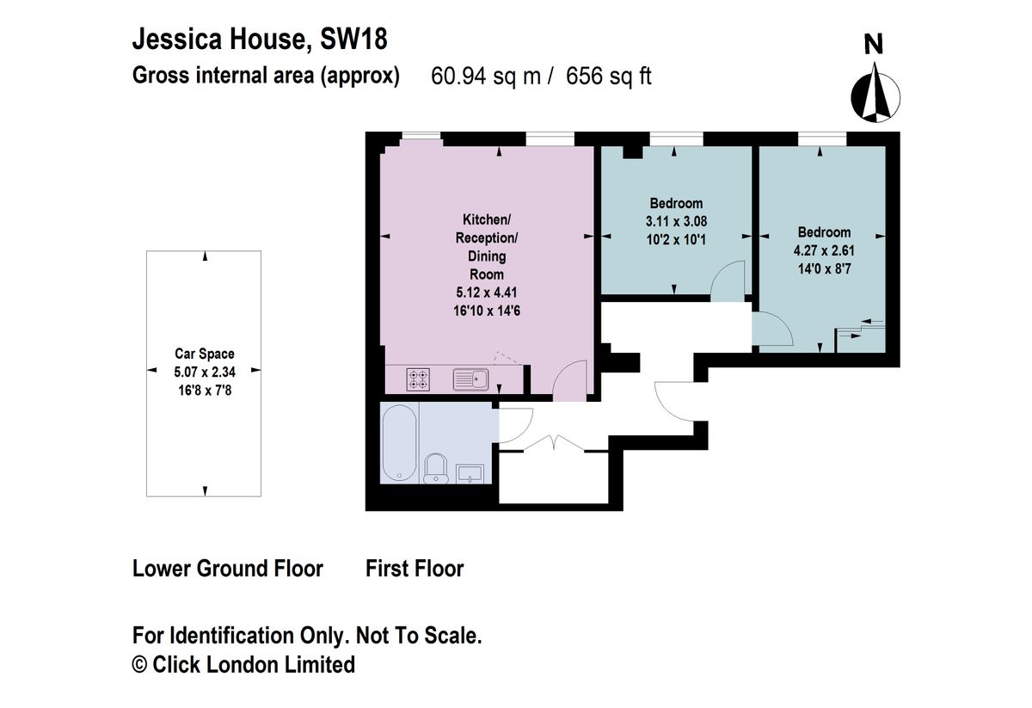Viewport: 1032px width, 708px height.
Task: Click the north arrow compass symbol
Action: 875,94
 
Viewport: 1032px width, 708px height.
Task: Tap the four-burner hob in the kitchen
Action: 418,379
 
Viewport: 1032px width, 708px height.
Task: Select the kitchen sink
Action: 470,379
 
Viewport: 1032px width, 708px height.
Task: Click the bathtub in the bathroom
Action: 399,443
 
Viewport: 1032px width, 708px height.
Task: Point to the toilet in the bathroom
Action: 435,468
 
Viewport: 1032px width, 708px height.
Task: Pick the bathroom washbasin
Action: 470,474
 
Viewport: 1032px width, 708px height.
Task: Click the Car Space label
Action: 205,354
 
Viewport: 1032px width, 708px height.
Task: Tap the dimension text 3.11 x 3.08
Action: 676,222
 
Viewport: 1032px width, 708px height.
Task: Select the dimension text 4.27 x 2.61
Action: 824,250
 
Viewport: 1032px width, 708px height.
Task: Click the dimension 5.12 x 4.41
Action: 487,292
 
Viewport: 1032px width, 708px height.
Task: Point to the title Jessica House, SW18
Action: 260,39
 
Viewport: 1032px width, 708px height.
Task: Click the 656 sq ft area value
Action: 609,76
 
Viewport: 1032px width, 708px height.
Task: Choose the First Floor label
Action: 415,569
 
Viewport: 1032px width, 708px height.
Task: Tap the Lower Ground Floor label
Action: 228,569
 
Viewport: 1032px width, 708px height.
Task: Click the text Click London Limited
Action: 254,665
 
